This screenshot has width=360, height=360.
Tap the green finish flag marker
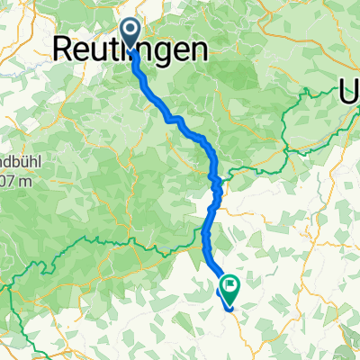229,286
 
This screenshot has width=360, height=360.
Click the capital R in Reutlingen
66,49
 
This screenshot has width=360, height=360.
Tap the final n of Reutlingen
205,50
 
